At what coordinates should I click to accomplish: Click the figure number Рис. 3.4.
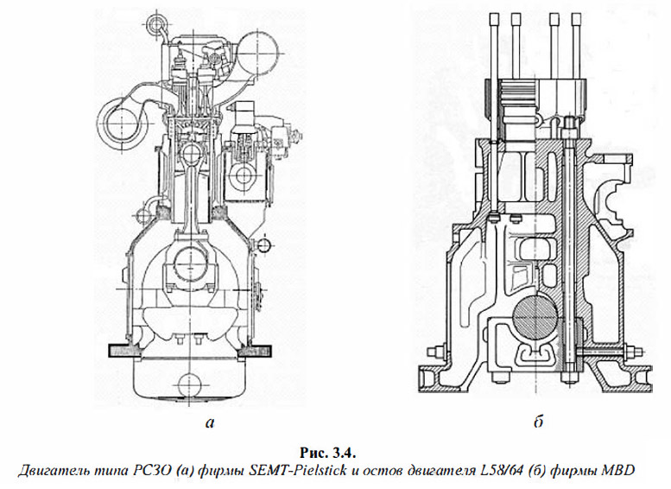[328, 453]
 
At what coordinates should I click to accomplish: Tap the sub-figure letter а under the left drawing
[209, 423]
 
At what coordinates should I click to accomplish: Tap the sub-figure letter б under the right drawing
[539, 422]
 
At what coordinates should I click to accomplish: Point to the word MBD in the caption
[619, 471]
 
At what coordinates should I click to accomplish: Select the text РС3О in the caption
[141, 471]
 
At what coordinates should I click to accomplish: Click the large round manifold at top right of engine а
[258, 52]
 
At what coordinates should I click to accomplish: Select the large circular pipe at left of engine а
[118, 124]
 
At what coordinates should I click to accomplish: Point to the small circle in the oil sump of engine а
[189, 384]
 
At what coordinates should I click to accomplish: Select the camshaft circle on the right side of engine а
[244, 175]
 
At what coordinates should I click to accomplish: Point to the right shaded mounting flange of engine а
[256, 350]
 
